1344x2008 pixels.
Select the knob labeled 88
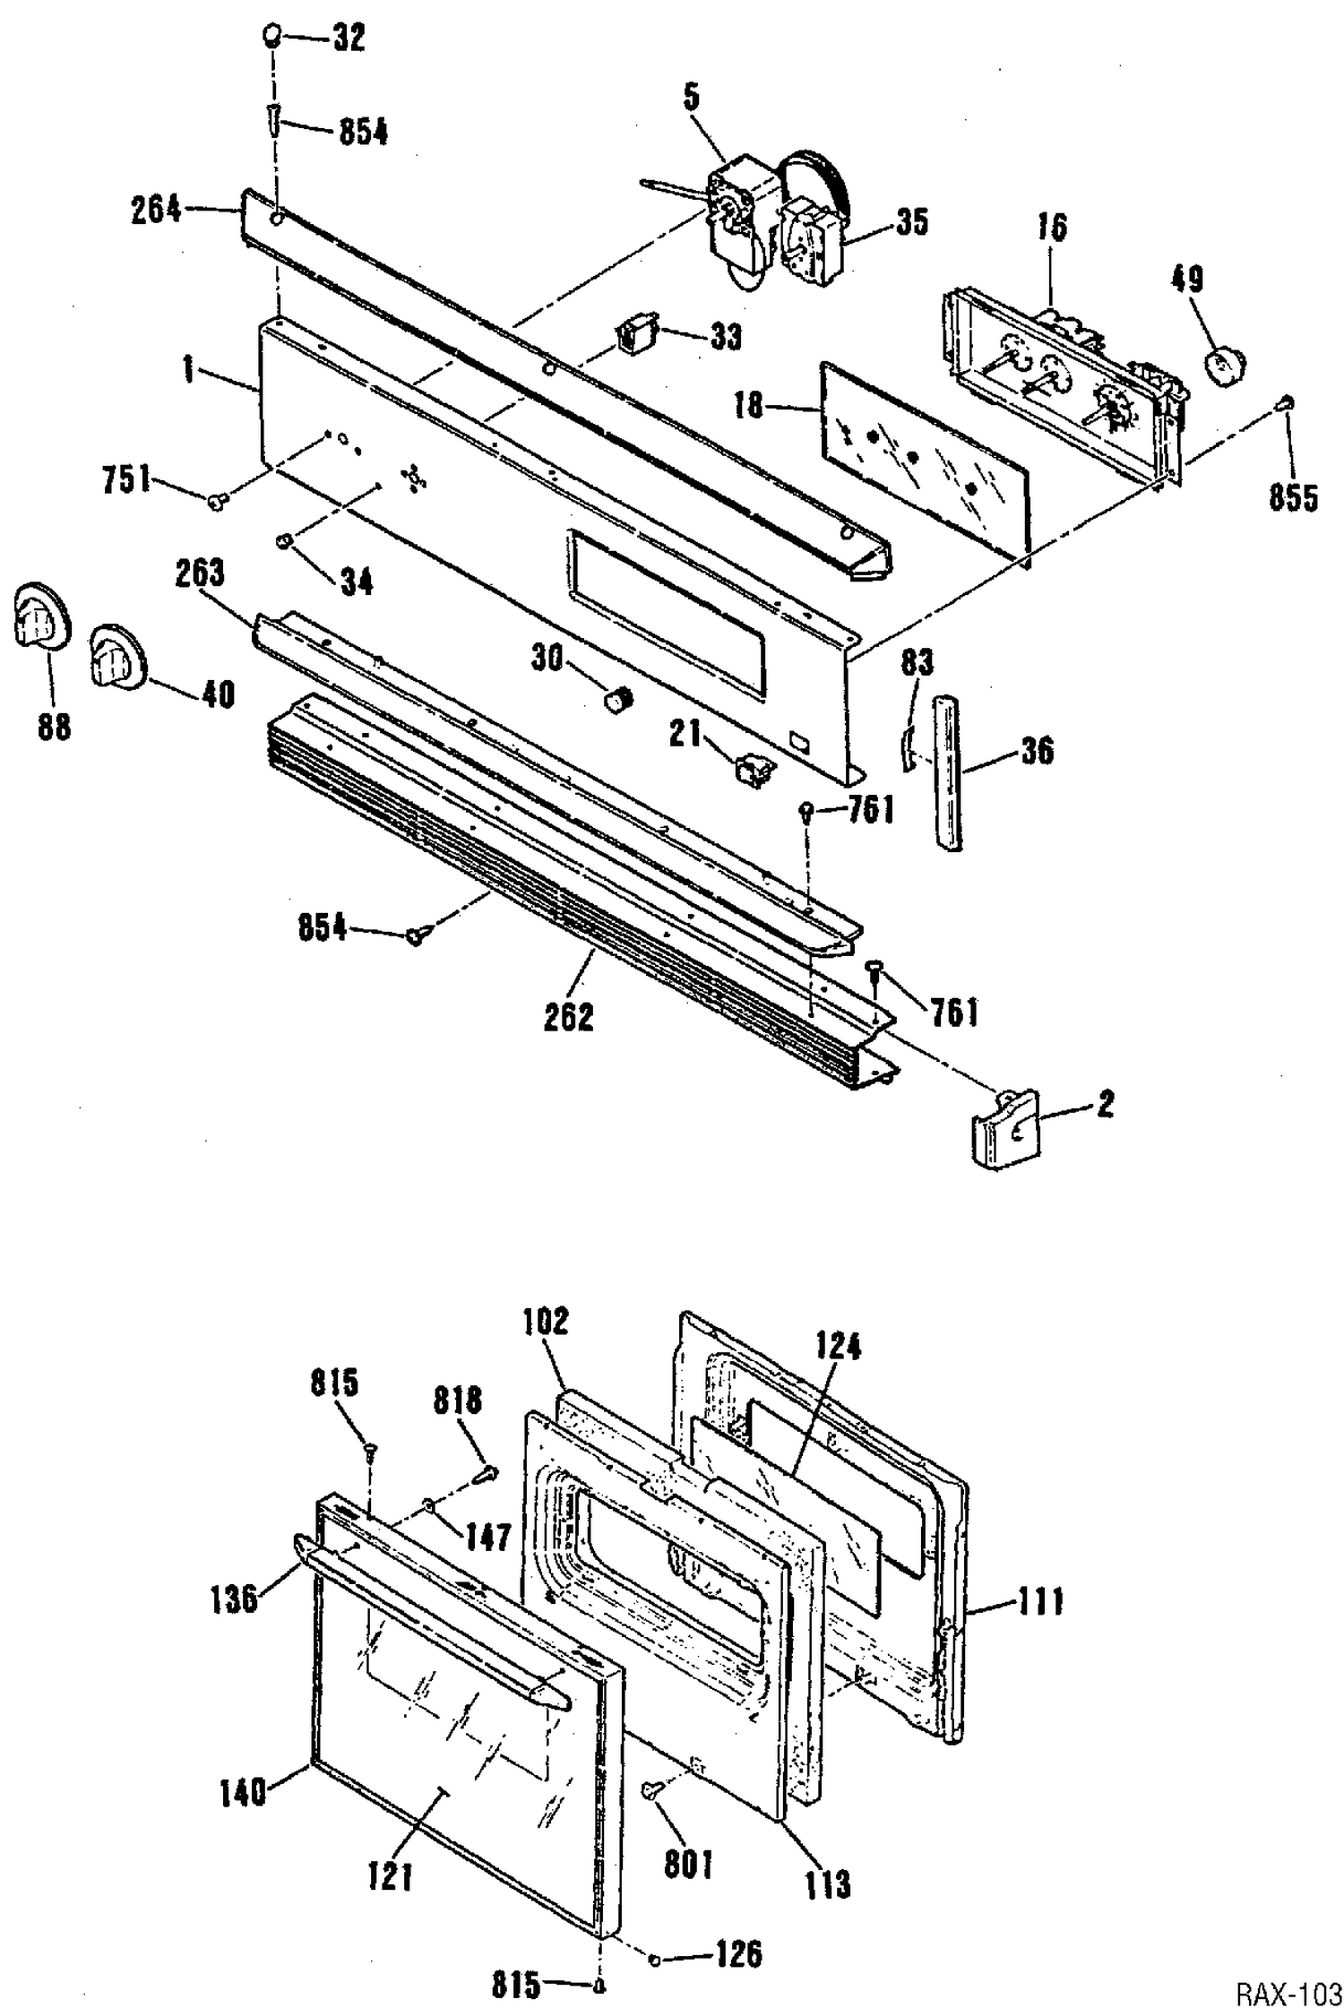40,618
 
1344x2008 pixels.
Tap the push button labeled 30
617,699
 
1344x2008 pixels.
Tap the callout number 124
838,1345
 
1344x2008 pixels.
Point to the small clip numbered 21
751,771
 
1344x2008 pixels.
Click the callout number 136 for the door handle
234,1598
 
